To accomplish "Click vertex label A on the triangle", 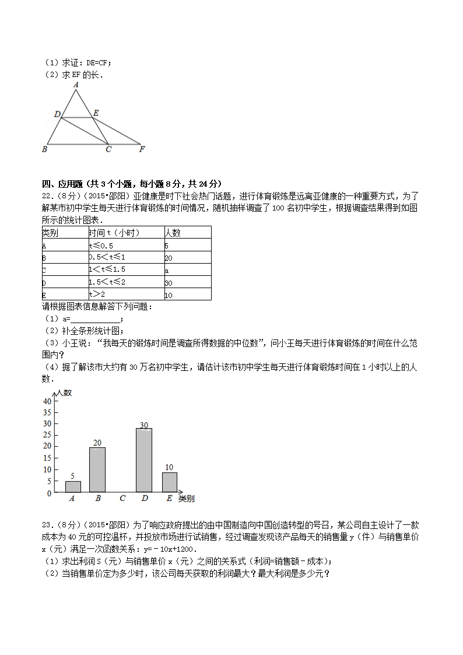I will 76,85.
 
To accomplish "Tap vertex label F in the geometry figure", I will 142,149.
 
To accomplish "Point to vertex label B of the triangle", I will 44,149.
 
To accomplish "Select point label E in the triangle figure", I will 96,113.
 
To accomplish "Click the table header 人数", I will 173,233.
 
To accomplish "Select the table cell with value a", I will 167,270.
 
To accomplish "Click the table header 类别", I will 50,233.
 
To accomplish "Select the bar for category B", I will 97,470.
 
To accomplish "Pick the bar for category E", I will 169,482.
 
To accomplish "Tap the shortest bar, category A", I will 73,486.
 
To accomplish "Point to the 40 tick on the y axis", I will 47,401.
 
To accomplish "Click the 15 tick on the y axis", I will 47,458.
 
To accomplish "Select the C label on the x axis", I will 122,499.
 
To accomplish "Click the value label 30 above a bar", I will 143,425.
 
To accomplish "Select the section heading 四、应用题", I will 63,184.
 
